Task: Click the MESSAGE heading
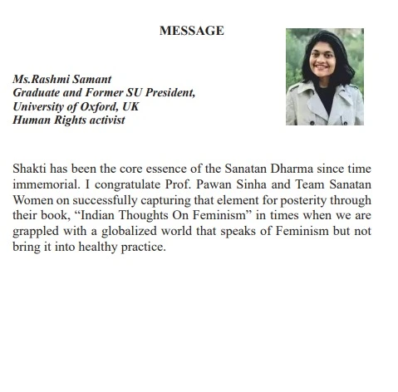click(x=190, y=31)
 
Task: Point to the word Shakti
click(x=31, y=169)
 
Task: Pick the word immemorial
click(x=46, y=184)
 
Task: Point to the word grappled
click(x=37, y=231)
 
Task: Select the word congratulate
click(x=126, y=184)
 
